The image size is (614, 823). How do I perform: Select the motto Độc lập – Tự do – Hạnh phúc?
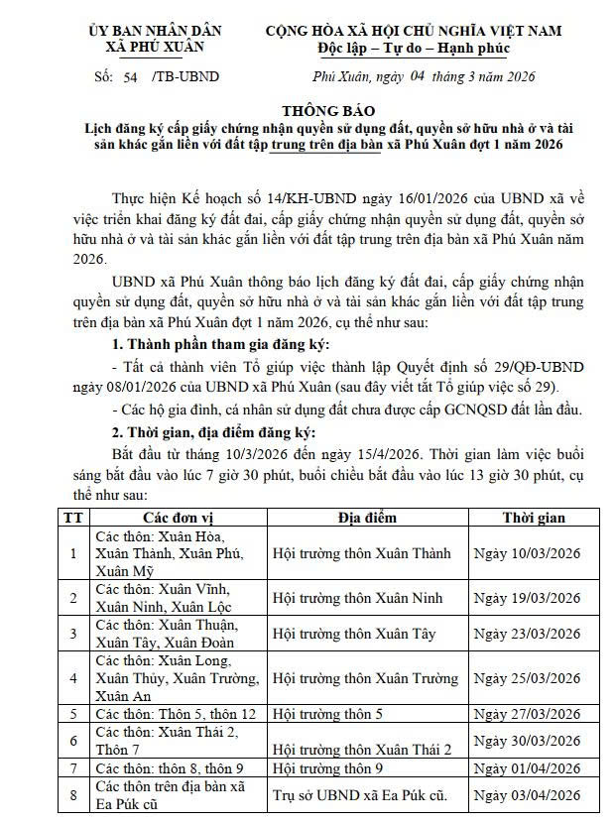tap(413, 49)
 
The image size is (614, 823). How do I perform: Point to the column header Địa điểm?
tap(366, 518)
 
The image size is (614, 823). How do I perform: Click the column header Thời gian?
tap(533, 518)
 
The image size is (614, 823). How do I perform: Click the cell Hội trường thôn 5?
tap(327, 714)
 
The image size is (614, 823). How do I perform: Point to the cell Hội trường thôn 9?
tap(327, 767)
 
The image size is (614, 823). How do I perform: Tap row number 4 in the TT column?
tap(72, 678)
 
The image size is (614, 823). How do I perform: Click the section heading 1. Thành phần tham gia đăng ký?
tap(219, 345)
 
